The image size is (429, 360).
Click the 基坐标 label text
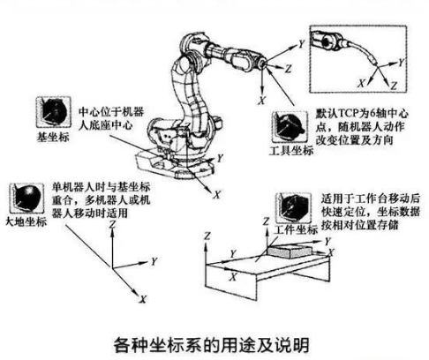pyautogui.click(x=53, y=138)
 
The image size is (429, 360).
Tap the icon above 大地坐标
pyautogui.click(x=26, y=199)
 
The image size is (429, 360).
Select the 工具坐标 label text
pyautogui.click(x=291, y=151)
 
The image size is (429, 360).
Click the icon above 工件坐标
pyautogui.click(x=294, y=207)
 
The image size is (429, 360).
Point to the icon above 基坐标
pyautogui.click(x=54, y=112)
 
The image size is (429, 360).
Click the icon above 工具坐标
pyautogui.click(x=290, y=127)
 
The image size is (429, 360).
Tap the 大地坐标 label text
pyautogui.click(x=26, y=221)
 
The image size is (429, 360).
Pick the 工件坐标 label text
pyautogui.click(x=296, y=229)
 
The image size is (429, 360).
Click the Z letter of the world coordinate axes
pyautogui.click(x=112, y=225)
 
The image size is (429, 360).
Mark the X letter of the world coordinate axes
pyautogui.click(x=143, y=299)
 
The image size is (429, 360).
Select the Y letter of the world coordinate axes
pyautogui.click(x=154, y=261)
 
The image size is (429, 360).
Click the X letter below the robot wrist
pyautogui.click(x=261, y=101)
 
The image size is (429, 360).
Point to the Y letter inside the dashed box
pyautogui.click(x=401, y=63)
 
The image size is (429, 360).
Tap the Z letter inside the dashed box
pyautogui.click(x=394, y=86)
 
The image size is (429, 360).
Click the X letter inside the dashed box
pyautogui.click(x=361, y=83)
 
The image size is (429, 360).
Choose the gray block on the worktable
pyautogui.click(x=290, y=252)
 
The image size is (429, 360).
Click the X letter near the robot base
pyautogui.click(x=217, y=194)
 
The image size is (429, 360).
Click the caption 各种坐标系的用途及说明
pyautogui.click(x=212, y=345)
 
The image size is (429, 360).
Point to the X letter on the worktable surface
pyautogui.click(x=233, y=276)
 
